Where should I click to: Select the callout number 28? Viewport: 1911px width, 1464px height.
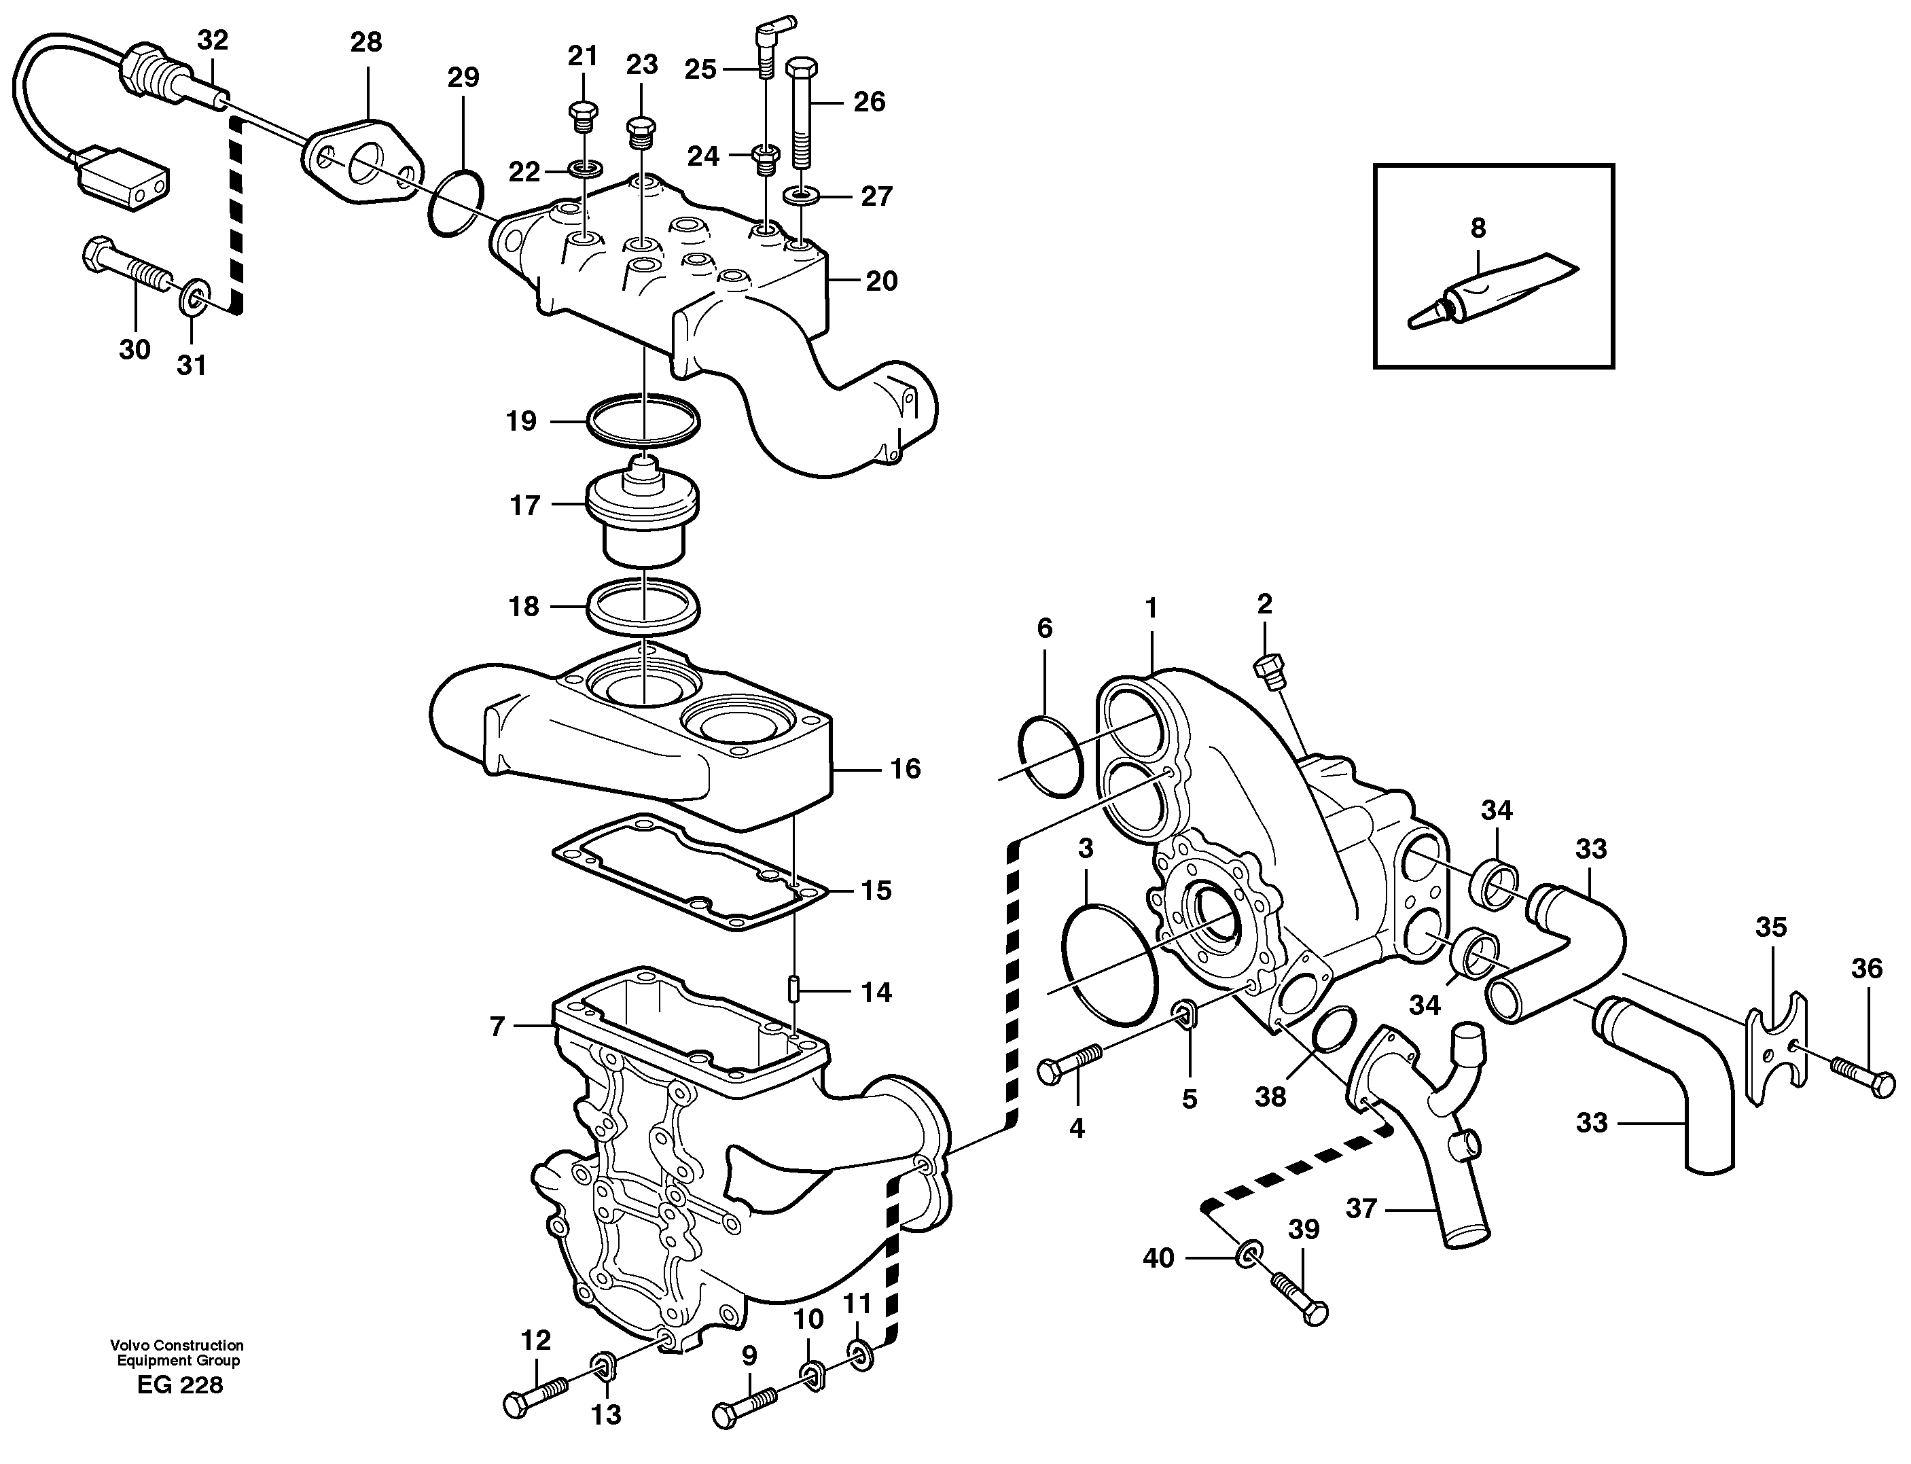tap(366, 42)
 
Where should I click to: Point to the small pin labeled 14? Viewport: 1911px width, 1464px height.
tap(794, 990)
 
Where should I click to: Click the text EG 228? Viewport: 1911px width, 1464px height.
tap(179, 1385)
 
